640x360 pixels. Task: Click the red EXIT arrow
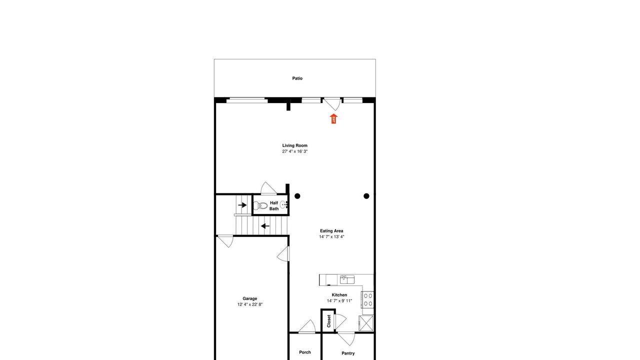point(333,118)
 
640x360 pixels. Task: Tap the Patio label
point(297,78)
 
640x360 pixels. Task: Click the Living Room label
point(295,145)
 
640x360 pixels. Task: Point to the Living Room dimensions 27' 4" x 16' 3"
point(295,151)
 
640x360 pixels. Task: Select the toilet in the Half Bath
point(260,205)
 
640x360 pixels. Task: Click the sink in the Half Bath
point(283,204)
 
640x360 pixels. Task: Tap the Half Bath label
point(274,205)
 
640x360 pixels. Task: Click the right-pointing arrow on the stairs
point(242,205)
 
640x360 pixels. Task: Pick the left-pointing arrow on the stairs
point(265,226)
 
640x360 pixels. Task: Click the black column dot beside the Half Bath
point(297,196)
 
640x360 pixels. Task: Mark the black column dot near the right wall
point(366,196)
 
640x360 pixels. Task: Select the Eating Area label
point(331,231)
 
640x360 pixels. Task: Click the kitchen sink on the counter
point(347,279)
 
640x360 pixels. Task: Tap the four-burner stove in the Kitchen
point(367,299)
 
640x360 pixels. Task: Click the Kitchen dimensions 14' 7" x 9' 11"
point(339,301)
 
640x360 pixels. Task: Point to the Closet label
point(328,321)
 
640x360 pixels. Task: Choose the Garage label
point(249,298)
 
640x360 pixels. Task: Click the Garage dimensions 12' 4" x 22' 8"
point(249,304)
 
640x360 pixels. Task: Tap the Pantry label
point(348,353)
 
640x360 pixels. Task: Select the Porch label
point(305,352)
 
